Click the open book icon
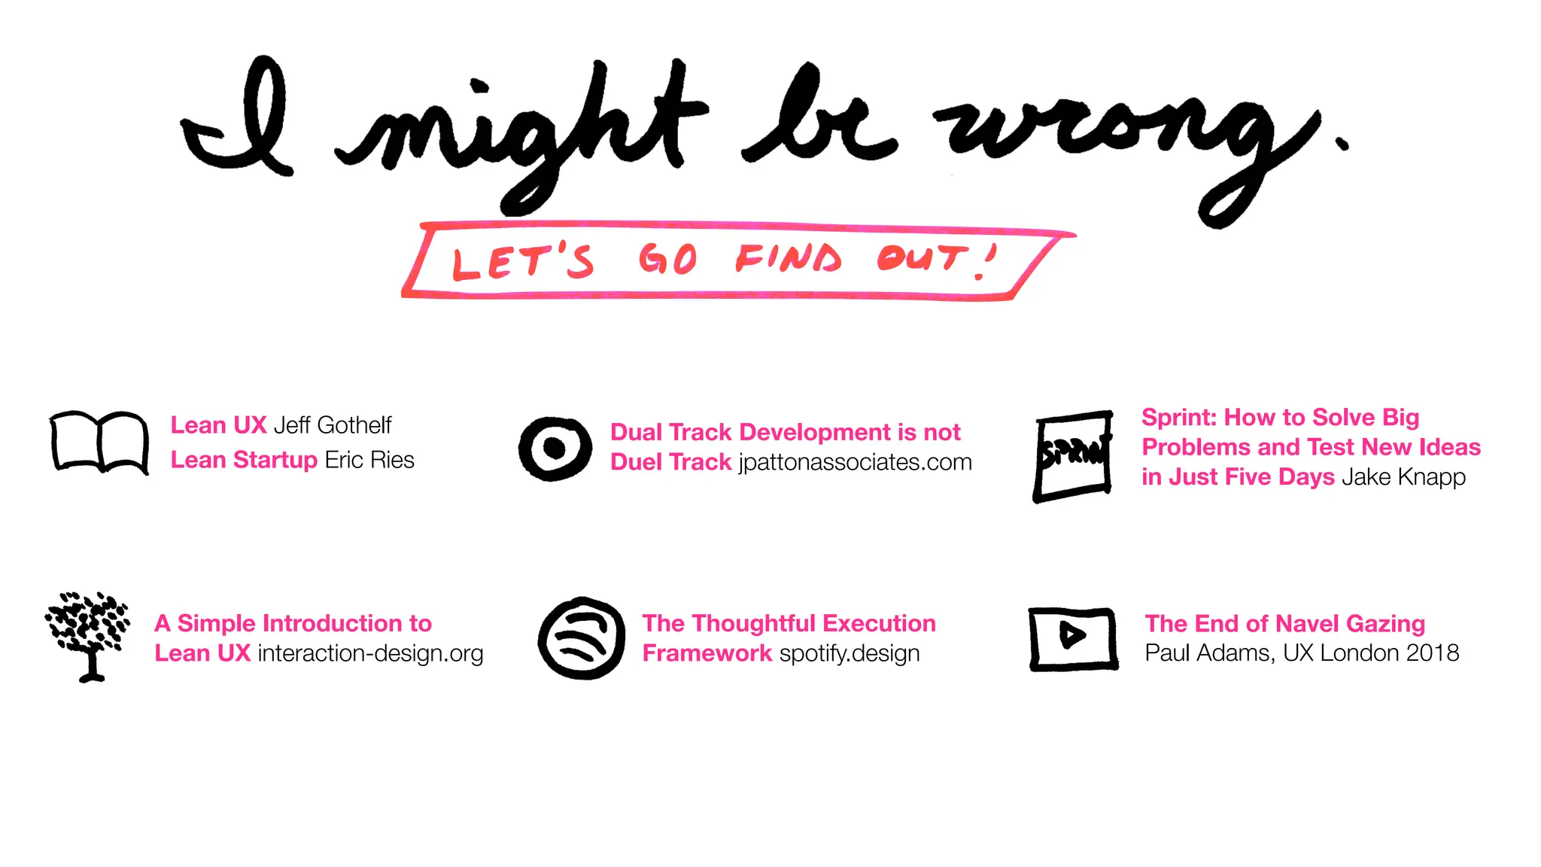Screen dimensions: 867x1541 click(99, 442)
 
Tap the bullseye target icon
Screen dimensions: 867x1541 click(555, 449)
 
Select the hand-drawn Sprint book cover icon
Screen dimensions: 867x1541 click(1074, 455)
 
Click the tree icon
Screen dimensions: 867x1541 click(88, 635)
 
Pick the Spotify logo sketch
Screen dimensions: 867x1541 click(582, 638)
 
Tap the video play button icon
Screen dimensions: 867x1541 click(1073, 638)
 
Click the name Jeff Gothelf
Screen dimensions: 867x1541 click(333, 425)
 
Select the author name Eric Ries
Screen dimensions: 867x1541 click(369, 460)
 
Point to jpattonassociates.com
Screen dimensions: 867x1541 click(855, 462)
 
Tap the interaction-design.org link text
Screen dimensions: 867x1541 click(370, 653)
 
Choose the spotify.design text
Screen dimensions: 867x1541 click(850, 653)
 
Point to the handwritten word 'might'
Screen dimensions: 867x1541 click(519, 128)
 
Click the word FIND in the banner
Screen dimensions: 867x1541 click(788, 259)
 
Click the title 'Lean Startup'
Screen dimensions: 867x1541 click(244, 460)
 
